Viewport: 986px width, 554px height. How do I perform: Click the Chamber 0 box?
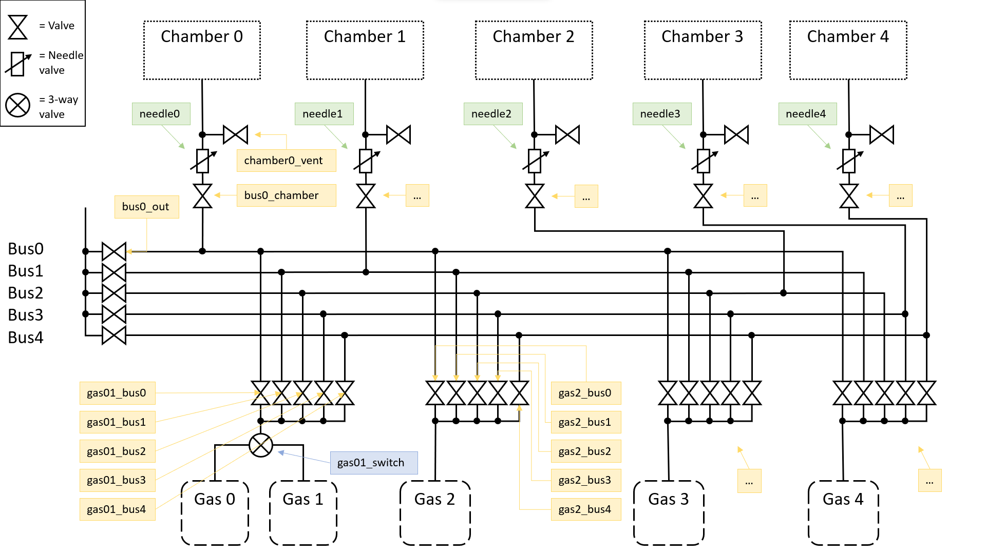coord(202,50)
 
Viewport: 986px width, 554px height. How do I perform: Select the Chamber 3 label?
coord(702,36)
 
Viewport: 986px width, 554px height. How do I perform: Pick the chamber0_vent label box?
coord(286,161)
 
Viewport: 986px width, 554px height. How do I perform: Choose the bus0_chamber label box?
coord(286,195)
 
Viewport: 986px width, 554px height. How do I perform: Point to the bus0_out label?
coord(146,207)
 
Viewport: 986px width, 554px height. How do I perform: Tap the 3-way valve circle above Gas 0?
coord(261,445)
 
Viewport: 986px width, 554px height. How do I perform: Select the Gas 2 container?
coord(435,512)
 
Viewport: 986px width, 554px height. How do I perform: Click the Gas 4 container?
coord(843,512)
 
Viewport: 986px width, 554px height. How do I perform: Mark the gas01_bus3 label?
coord(117,480)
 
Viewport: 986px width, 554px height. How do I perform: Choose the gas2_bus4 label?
coord(585,509)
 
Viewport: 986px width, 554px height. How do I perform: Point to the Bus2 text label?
coord(26,293)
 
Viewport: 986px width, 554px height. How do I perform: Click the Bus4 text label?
coord(26,338)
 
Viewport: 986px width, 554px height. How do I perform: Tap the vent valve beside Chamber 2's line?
coord(567,135)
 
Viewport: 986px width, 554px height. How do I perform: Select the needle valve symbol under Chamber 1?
coord(366,161)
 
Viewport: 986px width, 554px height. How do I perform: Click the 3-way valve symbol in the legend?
coord(18,105)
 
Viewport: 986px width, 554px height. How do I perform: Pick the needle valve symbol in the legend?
coord(18,64)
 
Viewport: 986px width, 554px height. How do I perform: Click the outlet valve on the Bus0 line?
coord(114,251)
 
